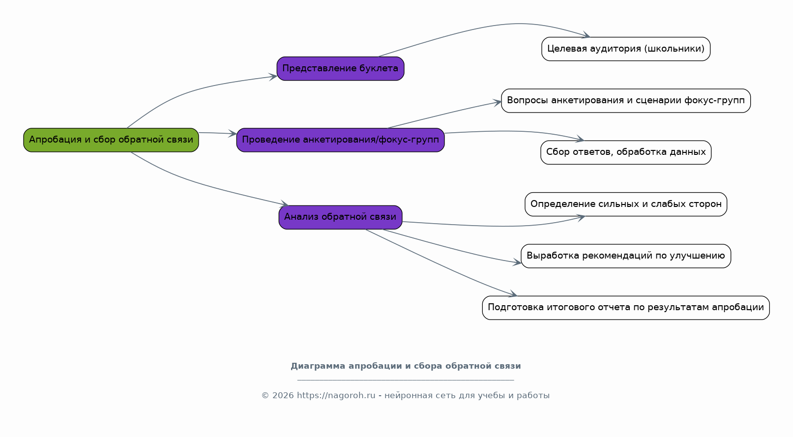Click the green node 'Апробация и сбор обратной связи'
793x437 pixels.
pos(111,140)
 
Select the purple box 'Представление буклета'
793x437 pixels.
pos(340,69)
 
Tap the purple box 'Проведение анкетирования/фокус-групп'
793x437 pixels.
pos(340,140)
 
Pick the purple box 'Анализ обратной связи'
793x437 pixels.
pos(340,217)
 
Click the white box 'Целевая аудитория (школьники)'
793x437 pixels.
pos(625,49)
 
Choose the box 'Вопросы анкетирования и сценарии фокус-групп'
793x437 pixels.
pos(625,101)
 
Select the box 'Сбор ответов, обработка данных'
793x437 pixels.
pos(625,152)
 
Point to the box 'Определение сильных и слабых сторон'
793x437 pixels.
pos(625,204)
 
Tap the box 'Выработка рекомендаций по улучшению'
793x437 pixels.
pos(625,256)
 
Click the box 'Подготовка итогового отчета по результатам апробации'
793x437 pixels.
pos(625,308)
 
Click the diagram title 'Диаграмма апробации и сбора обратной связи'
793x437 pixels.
pos(406,366)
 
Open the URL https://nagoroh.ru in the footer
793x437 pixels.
pos(336,395)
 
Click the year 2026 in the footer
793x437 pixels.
pos(283,395)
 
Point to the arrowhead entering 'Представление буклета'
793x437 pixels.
pos(273,77)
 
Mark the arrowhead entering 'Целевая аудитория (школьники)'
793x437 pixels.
pos(586,35)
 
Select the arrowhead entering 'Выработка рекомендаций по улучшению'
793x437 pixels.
pos(517,262)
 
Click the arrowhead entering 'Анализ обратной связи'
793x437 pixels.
pos(284,204)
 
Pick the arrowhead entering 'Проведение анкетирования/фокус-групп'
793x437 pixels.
pos(233,133)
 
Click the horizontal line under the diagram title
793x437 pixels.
pos(406,380)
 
